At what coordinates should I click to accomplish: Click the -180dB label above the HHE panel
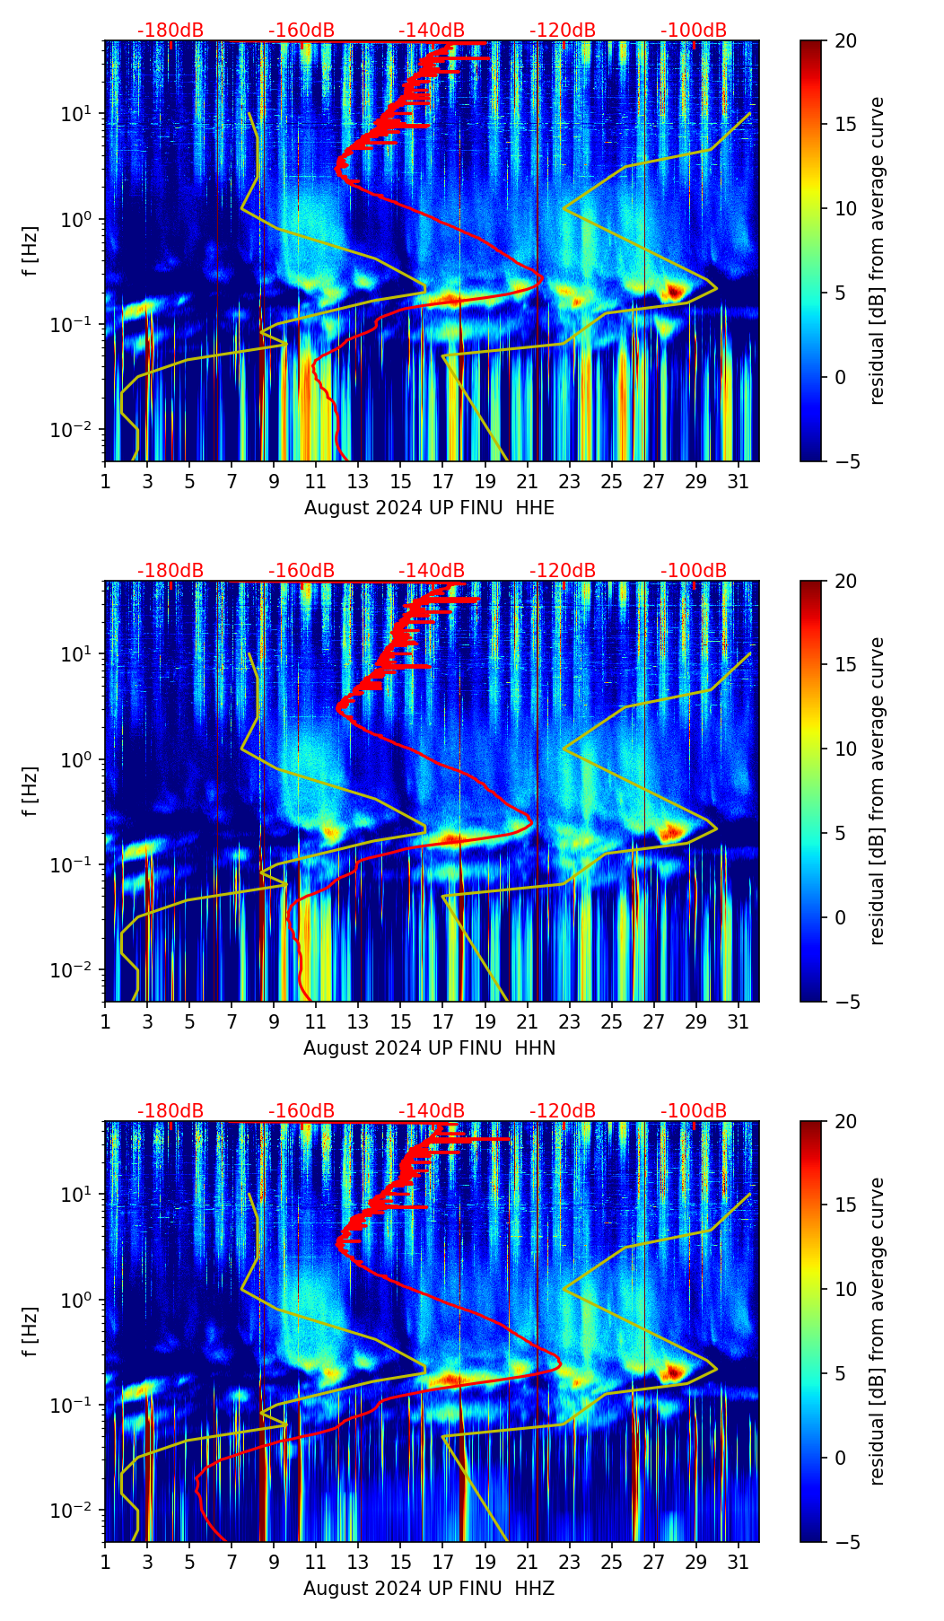tap(170, 31)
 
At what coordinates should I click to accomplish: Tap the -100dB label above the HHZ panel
tap(694, 1111)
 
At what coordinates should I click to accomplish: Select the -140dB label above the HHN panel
tap(432, 571)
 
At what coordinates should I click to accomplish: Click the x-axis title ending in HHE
tap(429, 508)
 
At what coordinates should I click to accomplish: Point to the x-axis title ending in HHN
tap(429, 1048)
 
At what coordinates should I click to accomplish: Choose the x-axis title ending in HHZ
tap(429, 1589)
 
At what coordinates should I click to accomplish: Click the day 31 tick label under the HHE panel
tap(739, 481)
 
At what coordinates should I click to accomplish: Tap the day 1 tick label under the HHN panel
tap(105, 1021)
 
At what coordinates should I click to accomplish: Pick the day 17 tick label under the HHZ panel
tap(443, 1562)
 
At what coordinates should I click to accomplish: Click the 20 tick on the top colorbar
tap(846, 41)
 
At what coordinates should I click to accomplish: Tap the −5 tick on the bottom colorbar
tap(846, 1541)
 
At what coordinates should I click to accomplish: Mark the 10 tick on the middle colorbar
tap(846, 749)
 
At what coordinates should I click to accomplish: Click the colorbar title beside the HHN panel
tap(877, 791)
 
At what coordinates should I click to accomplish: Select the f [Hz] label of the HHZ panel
tap(31, 1331)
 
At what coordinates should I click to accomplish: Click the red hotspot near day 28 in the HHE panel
tap(675, 291)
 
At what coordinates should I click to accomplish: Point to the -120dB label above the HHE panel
tap(563, 31)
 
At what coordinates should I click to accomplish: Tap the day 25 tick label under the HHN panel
tap(612, 1021)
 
